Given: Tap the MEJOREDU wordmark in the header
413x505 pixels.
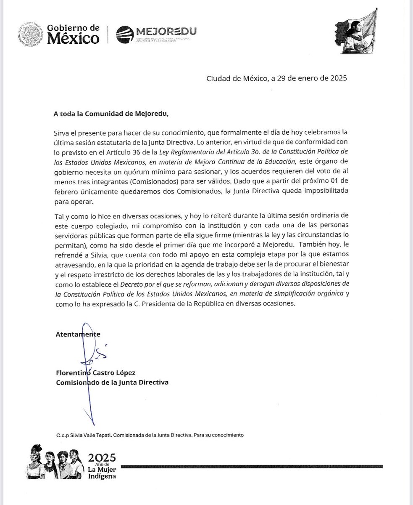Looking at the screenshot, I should [x=166, y=31].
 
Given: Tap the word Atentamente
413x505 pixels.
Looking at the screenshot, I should [x=78, y=334].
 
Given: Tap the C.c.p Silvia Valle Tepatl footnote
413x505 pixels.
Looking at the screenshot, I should [x=150, y=434].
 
